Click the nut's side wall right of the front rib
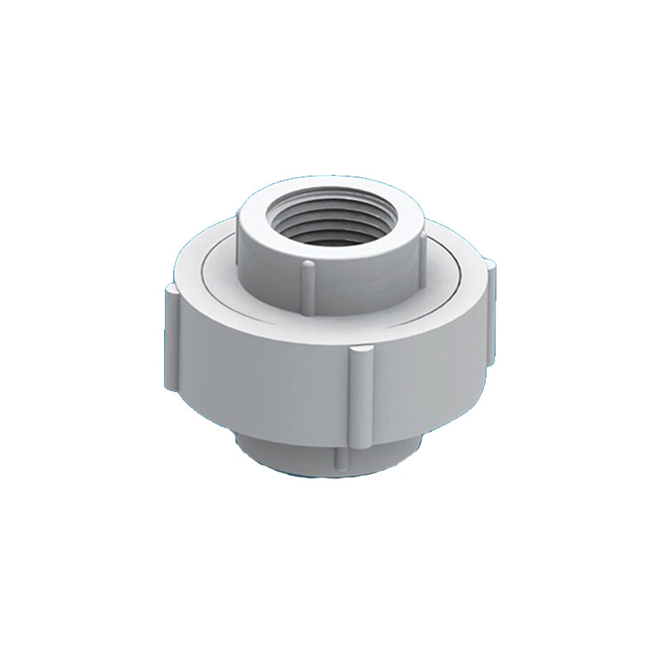tap(431, 365)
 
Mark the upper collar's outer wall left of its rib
tap(265, 265)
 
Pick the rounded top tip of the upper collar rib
tap(307, 265)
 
